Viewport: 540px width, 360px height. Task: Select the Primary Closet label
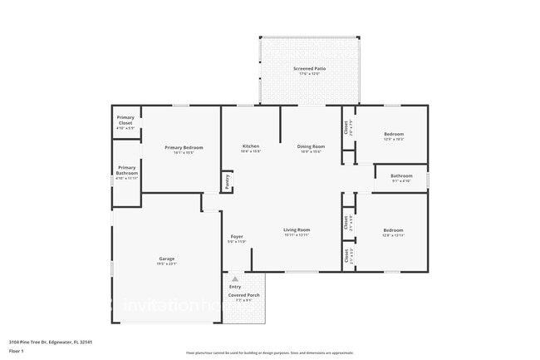[x=125, y=118]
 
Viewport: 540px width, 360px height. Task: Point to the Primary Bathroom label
[x=125, y=169]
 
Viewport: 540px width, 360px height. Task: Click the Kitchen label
[x=250, y=147]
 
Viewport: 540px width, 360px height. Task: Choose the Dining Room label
[x=311, y=147]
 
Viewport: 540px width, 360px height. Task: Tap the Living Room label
[x=297, y=229]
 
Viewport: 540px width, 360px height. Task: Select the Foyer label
[x=237, y=237]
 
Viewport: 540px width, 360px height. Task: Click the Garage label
[x=167, y=259]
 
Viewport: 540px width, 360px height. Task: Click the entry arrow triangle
[x=235, y=279]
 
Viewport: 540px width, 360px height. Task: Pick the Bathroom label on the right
[x=402, y=175]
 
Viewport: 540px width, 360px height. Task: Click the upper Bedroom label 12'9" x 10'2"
[x=394, y=134]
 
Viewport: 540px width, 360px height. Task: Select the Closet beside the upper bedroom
[x=346, y=128]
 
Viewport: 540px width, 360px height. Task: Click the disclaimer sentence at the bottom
[x=270, y=353]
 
